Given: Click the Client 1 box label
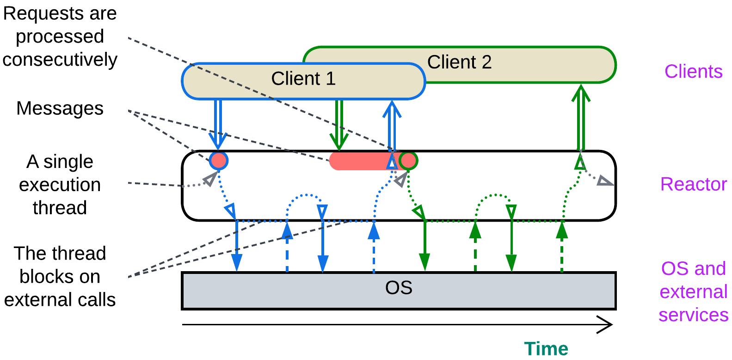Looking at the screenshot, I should click(x=303, y=79).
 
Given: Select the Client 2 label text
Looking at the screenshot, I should click(x=459, y=62).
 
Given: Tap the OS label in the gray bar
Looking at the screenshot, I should click(x=399, y=288).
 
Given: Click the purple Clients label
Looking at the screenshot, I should click(x=693, y=72).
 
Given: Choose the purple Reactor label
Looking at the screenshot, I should click(x=693, y=184).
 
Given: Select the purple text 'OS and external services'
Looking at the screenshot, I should click(x=693, y=292).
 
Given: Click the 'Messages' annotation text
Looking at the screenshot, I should click(x=60, y=109).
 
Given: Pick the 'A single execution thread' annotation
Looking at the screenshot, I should click(x=60, y=185).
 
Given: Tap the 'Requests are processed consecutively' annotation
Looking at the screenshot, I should click(x=60, y=37).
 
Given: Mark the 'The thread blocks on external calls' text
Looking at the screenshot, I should click(x=60, y=277).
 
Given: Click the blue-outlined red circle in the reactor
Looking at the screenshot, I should click(x=218, y=161).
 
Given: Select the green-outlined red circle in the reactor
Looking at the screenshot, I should click(x=408, y=161).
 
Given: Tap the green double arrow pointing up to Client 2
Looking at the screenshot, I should click(x=581, y=118).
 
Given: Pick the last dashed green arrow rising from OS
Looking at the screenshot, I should click(x=562, y=247).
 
